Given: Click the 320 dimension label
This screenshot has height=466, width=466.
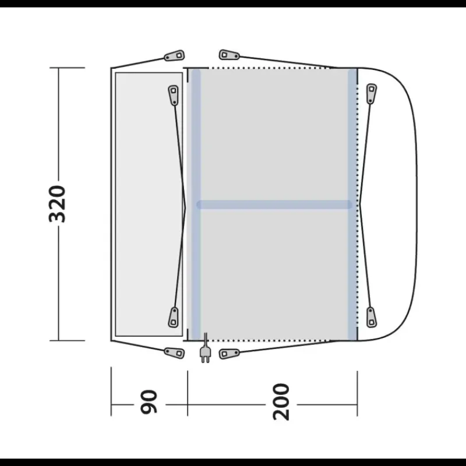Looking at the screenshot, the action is click(57, 204).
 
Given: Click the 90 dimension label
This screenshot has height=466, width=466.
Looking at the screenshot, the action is click(149, 402).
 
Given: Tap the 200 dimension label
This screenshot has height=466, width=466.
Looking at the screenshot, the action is click(281, 402).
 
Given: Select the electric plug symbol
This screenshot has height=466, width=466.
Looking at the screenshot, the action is click(206, 348).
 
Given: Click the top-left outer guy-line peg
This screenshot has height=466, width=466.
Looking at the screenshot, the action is click(174, 55).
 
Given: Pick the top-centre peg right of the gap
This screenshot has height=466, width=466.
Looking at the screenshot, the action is click(229, 55).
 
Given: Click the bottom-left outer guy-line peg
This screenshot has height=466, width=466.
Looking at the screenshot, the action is click(174, 353).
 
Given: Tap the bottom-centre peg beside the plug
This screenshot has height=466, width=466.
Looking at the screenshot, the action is click(229, 354).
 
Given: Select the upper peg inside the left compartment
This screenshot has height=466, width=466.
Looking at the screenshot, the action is click(174, 95).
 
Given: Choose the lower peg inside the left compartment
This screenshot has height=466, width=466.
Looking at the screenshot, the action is click(174, 317).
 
